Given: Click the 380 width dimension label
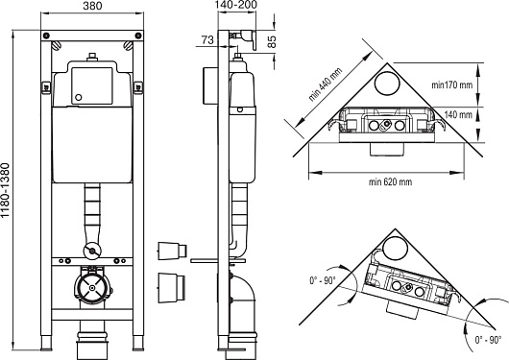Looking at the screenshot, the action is pyautogui.click(x=92, y=6).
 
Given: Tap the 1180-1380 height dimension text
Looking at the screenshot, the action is pyautogui.click(x=6, y=190).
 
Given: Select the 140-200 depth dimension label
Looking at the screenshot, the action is pyautogui.click(x=236, y=5).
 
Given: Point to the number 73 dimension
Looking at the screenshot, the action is pyautogui.click(x=207, y=40).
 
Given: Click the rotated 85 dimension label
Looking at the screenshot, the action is pyautogui.click(x=272, y=41).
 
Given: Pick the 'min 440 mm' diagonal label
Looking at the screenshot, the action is pyautogui.click(x=325, y=84).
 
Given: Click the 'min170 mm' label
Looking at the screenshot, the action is pyautogui.click(x=452, y=85).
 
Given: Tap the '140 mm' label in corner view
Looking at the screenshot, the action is pyautogui.click(x=458, y=114).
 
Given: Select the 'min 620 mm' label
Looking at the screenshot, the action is pyautogui.click(x=390, y=181).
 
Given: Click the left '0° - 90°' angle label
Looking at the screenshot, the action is pyautogui.click(x=323, y=280).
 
